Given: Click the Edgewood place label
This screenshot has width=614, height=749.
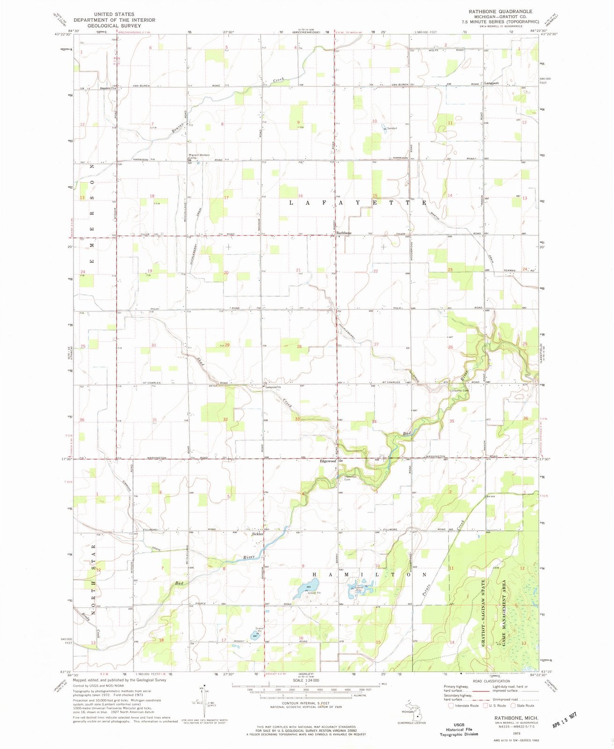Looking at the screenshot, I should (x=328, y=462).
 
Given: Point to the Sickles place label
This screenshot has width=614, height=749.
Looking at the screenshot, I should (x=257, y=534).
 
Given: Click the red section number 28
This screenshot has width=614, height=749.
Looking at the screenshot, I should (x=299, y=347).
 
